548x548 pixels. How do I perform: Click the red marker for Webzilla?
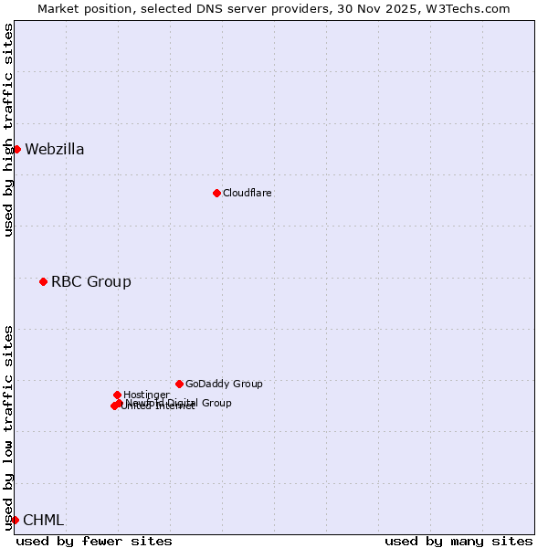tap(16, 149)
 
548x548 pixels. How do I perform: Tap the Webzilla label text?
tap(55, 150)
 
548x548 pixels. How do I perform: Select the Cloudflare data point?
tap(216, 193)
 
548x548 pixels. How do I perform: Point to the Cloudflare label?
tap(248, 193)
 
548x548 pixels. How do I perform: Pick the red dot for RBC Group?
tap(43, 281)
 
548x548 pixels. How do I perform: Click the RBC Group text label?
tap(91, 282)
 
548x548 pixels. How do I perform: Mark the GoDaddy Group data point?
tap(179, 384)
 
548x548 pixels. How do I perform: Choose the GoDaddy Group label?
tap(224, 385)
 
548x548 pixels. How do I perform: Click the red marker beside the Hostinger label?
tap(117, 395)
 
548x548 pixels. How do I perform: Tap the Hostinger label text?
tap(146, 395)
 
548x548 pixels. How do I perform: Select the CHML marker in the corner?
tap(15, 520)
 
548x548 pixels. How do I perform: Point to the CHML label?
tap(44, 521)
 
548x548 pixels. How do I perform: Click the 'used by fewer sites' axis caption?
tap(94, 542)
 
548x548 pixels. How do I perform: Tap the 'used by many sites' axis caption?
tap(458, 542)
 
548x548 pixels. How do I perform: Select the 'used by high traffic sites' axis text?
tap(9, 130)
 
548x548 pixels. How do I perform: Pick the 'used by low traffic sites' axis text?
tap(9, 427)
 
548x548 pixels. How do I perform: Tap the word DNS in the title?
tap(206, 9)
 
